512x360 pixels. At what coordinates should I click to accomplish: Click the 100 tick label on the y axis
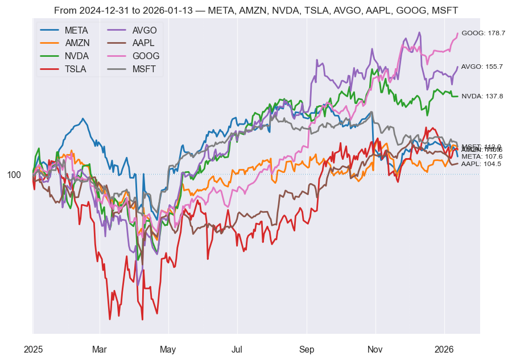[x=14, y=175]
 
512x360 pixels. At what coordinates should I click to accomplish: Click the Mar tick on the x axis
[x=100, y=349]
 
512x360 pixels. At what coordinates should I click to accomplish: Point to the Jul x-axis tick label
[x=237, y=349]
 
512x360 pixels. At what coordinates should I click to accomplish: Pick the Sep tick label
[x=307, y=349]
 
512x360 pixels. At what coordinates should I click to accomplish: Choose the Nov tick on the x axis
[x=375, y=349]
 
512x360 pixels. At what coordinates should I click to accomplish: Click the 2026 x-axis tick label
[x=444, y=349]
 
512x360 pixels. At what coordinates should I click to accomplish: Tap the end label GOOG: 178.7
[x=483, y=33]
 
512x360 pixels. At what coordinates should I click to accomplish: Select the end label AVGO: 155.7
[x=482, y=67]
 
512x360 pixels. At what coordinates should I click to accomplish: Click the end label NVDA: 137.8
[x=482, y=96]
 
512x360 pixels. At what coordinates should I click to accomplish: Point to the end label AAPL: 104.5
[x=481, y=164]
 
